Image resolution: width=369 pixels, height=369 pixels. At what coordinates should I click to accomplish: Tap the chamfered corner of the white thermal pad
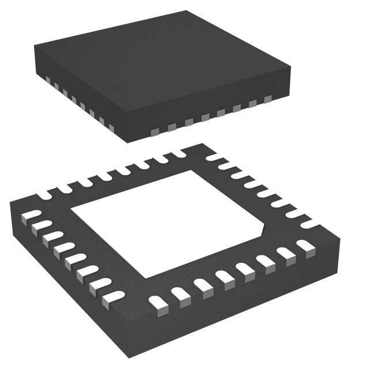pos(264,231)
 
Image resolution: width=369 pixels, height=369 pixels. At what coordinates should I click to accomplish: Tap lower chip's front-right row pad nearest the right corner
pos(304,246)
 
